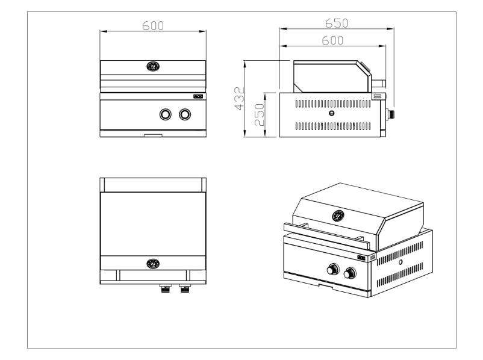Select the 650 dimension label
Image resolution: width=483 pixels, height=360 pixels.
click(337, 23)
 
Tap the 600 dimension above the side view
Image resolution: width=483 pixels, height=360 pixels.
click(332, 40)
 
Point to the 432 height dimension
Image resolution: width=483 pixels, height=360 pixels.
click(239, 99)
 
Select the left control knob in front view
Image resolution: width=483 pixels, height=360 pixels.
click(165, 114)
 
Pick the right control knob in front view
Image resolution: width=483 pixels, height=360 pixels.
click(184, 114)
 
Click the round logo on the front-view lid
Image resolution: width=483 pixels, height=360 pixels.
click(153, 67)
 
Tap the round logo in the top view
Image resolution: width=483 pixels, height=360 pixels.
click(153, 263)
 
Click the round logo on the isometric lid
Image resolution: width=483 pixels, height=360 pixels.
click(339, 215)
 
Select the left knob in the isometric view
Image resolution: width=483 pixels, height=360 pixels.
click(331, 270)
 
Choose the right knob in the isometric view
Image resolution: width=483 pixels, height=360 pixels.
click(349, 275)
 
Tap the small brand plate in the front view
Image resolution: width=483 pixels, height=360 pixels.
click(198, 96)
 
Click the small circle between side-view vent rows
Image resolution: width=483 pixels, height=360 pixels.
click(331, 114)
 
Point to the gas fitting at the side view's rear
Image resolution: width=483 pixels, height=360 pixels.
click(391, 113)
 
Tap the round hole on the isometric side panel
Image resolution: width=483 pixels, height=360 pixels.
click(400, 263)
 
